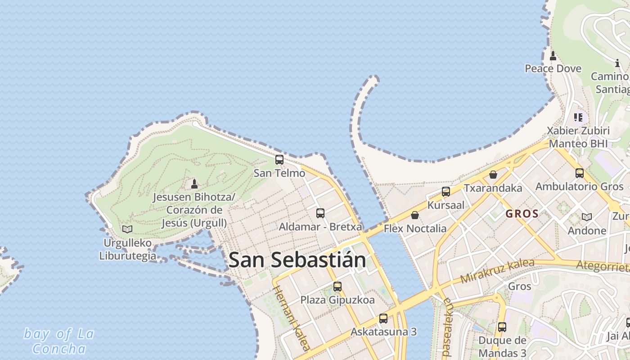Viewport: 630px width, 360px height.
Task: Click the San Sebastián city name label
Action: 297,260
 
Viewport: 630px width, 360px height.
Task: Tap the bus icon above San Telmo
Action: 279,160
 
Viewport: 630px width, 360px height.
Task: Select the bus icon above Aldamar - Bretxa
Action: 320,213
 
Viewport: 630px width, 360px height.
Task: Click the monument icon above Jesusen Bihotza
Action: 194,184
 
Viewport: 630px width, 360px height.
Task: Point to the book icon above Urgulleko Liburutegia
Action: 127,229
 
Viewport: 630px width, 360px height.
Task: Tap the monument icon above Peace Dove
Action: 553,56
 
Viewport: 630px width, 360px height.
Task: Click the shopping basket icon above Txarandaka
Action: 493,175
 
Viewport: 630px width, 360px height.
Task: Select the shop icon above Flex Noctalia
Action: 415,215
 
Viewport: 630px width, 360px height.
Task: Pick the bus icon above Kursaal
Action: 446,192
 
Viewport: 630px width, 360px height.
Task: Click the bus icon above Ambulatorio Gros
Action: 580,173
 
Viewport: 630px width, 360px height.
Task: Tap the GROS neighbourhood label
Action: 522,214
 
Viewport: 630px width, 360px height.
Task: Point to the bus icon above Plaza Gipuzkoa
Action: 337,286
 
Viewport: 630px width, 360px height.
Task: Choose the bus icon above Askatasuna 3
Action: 383,319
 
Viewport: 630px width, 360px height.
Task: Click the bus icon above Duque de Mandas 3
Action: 502,327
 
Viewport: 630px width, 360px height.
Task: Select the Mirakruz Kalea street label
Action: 497,271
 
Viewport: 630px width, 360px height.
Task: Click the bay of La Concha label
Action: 59,341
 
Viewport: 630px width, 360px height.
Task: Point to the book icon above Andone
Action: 587,217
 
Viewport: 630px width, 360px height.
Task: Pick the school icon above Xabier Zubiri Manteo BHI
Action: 578,118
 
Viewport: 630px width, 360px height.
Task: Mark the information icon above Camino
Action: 617,63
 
